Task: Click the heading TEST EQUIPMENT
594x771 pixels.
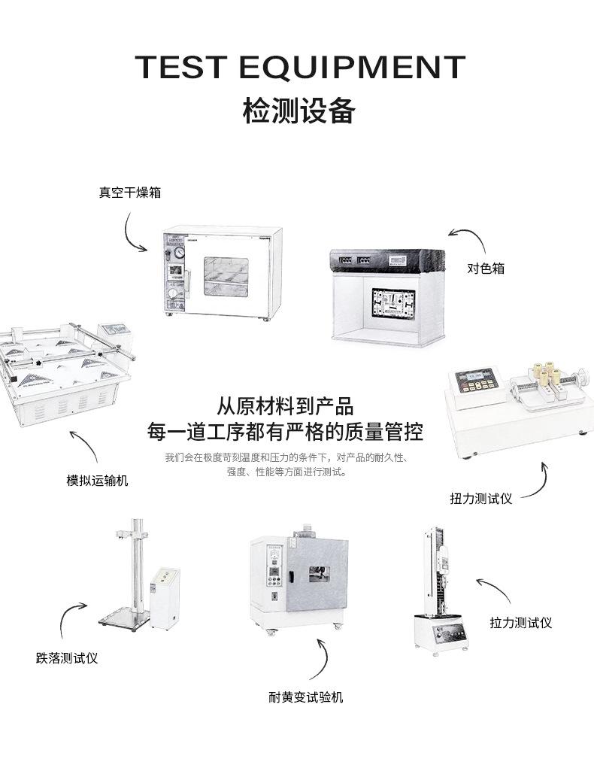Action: [300, 68]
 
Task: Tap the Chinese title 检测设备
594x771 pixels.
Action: [299, 111]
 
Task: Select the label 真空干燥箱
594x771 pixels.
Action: [129, 193]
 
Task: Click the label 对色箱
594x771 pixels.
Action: [486, 268]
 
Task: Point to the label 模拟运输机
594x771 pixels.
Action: [97, 480]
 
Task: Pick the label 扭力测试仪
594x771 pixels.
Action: [480, 498]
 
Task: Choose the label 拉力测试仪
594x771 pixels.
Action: [520, 623]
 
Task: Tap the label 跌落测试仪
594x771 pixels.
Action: [67, 658]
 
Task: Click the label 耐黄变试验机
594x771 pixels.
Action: [305, 697]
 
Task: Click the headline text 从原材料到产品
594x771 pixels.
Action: [285, 407]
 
